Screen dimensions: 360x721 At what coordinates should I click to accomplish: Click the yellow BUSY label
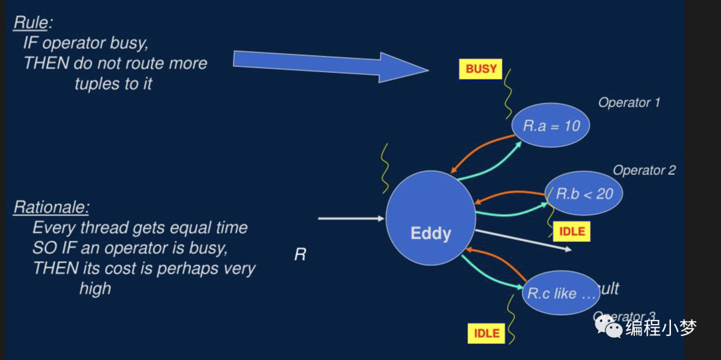pyautogui.click(x=481, y=69)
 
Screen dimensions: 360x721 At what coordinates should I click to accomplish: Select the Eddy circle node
pyautogui.click(x=431, y=217)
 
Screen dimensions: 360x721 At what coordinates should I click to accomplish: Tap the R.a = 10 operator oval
pyautogui.click(x=550, y=125)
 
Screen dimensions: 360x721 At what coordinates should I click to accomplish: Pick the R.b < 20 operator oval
pyautogui.click(x=584, y=193)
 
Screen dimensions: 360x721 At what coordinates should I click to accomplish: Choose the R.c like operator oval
pyautogui.click(x=560, y=293)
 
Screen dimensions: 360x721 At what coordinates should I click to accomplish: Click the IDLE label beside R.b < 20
pyautogui.click(x=571, y=231)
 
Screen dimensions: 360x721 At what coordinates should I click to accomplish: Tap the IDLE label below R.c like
pyautogui.click(x=487, y=333)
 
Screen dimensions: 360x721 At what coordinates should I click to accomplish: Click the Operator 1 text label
pyautogui.click(x=629, y=102)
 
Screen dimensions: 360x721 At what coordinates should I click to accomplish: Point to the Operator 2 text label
pyautogui.click(x=644, y=170)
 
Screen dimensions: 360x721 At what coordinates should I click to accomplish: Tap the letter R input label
pyautogui.click(x=300, y=254)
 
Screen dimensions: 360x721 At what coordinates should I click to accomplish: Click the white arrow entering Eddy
pyautogui.click(x=351, y=218)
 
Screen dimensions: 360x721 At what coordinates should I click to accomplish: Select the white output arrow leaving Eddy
pyautogui.click(x=524, y=240)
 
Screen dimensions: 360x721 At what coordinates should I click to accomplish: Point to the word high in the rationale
pyautogui.click(x=95, y=289)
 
